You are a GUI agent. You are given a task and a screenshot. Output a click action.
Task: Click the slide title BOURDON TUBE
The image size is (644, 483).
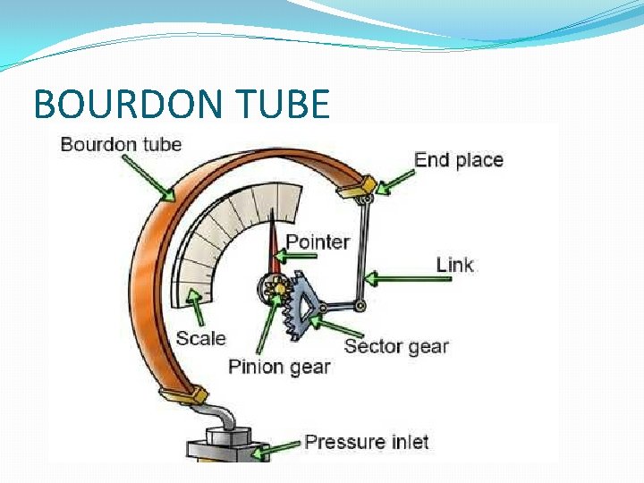pyautogui.click(x=182, y=105)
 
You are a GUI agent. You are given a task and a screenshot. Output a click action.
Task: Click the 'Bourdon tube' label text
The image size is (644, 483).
pyautogui.click(x=121, y=144)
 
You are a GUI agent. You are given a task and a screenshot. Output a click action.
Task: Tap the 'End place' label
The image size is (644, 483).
pyautogui.click(x=458, y=160)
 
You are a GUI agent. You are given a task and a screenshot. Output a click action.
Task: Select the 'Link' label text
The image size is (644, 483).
pyautogui.click(x=454, y=264)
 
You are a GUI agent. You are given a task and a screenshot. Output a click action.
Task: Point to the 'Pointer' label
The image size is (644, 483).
pyautogui.click(x=318, y=241)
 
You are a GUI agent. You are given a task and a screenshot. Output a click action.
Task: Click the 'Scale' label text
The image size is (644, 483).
pyautogui.click(x=200, y=338)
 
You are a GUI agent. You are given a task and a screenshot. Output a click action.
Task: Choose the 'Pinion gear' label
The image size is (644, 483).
pyautogui.click(x=279, y=366)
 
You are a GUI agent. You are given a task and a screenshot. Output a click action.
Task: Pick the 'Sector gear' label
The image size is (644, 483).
pyautogui.click(x=395, y=346)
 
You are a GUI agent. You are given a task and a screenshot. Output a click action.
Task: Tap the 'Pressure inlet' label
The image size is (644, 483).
pyautogui.click(x=367, y=442)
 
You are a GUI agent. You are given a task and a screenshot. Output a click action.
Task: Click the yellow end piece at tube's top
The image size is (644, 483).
pyautogui.click(x=355, y=188)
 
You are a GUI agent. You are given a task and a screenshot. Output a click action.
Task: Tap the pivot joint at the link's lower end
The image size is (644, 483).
pyautogui.click(x=359, y=306)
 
